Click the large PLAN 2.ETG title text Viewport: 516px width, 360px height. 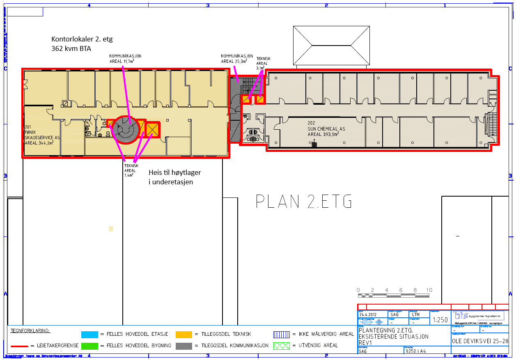click(304, 202)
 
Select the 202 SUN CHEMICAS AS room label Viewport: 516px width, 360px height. click(326, 128)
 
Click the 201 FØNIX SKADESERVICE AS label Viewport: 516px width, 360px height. click(42, 135)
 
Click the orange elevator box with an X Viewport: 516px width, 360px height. click(152, 130)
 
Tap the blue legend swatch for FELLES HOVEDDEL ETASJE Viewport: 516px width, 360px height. click(89, 334)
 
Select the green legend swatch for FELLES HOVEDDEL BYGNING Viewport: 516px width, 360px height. click(89, 346)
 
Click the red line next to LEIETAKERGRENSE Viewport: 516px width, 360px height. click(19, 346)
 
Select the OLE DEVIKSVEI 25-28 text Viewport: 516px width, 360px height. click(480, 341)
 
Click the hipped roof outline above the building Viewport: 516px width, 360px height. click(331, 45)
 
